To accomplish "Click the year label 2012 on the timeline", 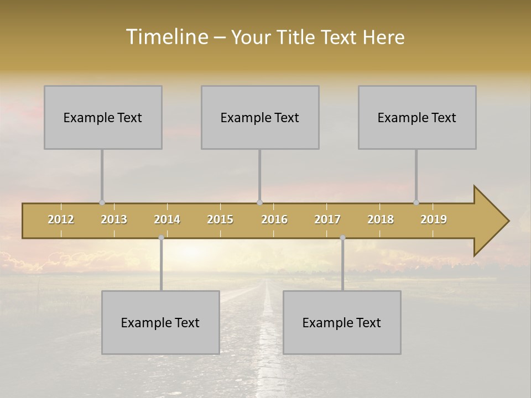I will (x=61, y=219).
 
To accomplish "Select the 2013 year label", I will (x=114, y=219).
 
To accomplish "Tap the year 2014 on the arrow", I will (x=167, y=219).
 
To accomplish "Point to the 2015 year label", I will (x=220, y=219).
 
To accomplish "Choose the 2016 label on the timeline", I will (x=274, y=219).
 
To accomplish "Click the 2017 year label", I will (x=327, y=219).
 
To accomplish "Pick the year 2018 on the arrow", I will (x=381, y=219).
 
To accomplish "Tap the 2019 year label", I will (x=434, y=219).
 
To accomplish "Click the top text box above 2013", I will (x=103, y=117).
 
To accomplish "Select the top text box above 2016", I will (x=260, y=117).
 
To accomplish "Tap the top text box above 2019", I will (x=417, y=117).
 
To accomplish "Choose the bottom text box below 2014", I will (x=160, y=322).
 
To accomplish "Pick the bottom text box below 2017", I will (x=342, y=322).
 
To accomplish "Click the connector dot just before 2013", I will (x=102, y=202).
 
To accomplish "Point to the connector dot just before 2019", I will (x=416, y=202).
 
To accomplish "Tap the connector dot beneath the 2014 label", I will (x=161, y=238).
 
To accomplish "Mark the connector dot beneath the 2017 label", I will (x=342, y=238).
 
